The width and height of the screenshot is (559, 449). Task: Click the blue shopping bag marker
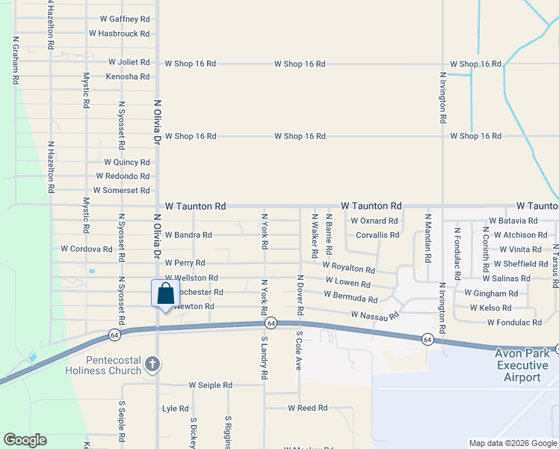[165, 293]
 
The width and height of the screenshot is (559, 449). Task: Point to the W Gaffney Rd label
[124, 19]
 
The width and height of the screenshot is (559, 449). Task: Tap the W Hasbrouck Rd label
[119, 34]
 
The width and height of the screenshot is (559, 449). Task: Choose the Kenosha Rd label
[127, 76]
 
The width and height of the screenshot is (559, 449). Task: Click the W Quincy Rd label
[126, 162]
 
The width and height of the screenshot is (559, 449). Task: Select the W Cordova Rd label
[85, 248]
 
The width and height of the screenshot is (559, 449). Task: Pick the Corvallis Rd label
[377, 235]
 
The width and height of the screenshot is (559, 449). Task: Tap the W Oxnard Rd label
[374, 221]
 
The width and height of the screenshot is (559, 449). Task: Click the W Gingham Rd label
[490, 293]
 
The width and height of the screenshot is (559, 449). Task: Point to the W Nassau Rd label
[375, 316]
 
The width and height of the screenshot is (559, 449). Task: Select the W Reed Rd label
[307, 408]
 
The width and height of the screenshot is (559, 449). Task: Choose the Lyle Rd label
[175, 409]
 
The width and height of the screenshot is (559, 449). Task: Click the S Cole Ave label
[298, 350]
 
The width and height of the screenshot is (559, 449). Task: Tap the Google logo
[25, 440]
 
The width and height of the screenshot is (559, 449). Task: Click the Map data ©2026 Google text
[512, 443]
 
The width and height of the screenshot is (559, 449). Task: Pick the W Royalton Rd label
[348, 267]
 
